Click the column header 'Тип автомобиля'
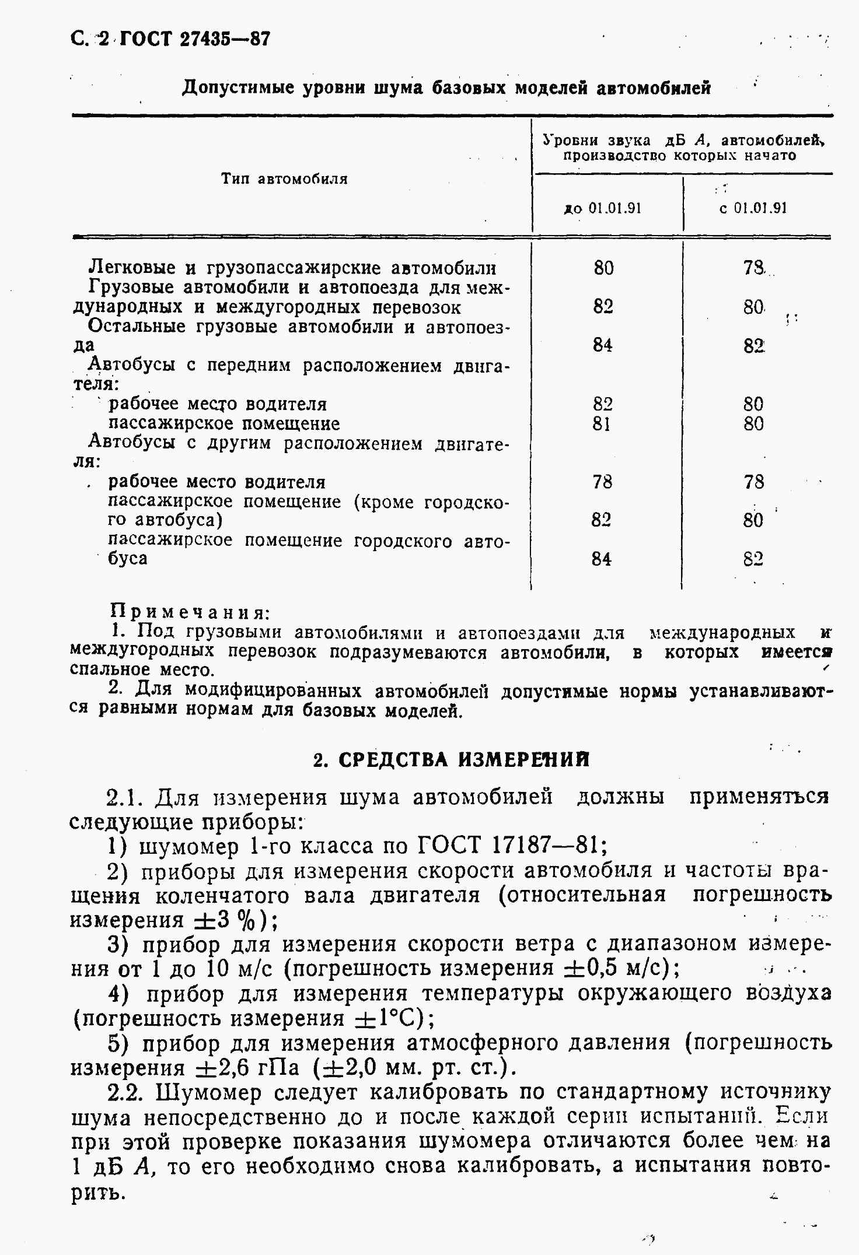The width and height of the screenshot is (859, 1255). (284, 179)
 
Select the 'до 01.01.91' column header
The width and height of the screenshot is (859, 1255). (602, 208)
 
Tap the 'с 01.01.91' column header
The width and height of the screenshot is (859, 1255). (753, 208)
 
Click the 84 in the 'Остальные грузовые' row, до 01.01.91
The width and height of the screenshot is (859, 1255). (603, 345)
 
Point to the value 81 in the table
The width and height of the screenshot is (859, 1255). (602, 423)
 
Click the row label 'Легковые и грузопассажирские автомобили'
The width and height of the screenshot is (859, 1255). (292, 268)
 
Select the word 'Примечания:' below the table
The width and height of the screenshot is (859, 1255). (190, 613)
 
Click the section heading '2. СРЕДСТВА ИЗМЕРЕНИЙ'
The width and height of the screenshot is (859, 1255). (451, 760)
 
